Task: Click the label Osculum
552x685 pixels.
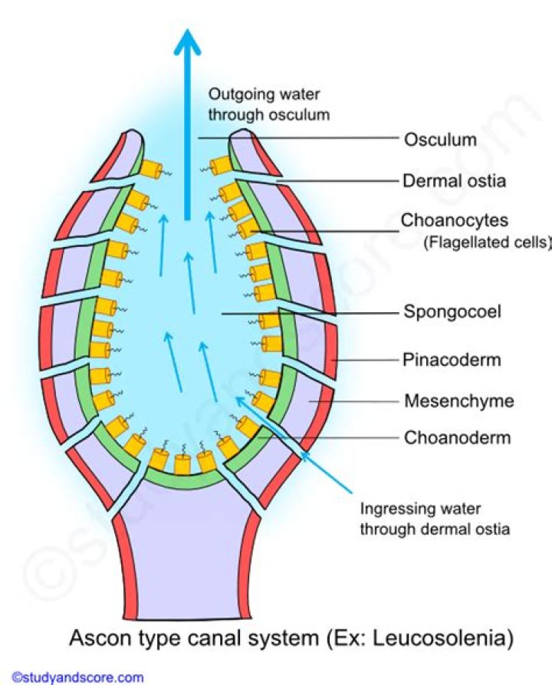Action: point(439,140)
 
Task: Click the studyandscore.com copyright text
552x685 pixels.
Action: point(73,677)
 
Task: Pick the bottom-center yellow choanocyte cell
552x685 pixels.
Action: point(182,463)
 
